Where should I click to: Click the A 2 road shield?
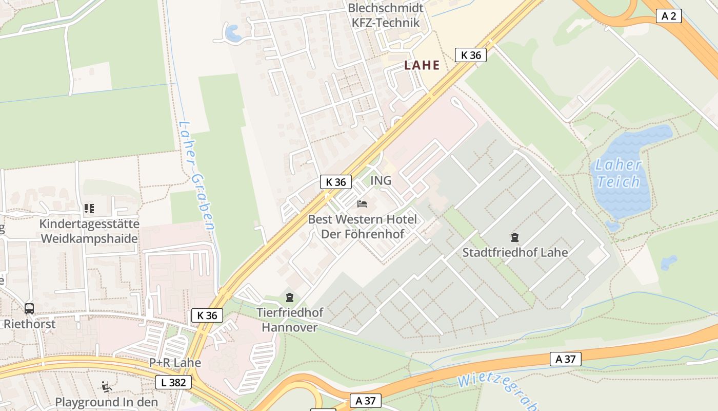pyautogui.click(x=669, y=16)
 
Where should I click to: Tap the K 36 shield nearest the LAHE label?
pyautogui.click(x=470, y=55)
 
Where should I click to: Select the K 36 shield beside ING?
pyautogui.click(x=336, y=182)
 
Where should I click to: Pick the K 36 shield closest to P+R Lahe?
pyautogui.click(x=207, y=315)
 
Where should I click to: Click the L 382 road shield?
pyautogui.click(x=173, y=382)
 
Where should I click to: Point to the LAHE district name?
pyautogui.click(x=422, y=65)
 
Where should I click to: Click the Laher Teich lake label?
pyautogui.click(x=618, y=174)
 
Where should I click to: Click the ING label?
pyautogui.click(x=381, y=181)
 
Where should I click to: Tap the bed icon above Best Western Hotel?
pyautogui.click(x=362, y=204)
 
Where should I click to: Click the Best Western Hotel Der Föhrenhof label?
pyautogui.click(x=362, y=227)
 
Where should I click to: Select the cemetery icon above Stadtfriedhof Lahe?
pyautogui.click(x=514, y=237)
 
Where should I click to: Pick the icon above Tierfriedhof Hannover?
pyautogui.click(x=290, y=297)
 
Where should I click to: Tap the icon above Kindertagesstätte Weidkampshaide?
pyautogui.click(x=89, y=209)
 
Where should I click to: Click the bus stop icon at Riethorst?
pyautogui.click(x=29, y=309)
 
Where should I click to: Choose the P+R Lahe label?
pyautogui.click(x=175, y=363)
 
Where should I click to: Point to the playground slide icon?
pyautogui.click(x=107, y=387)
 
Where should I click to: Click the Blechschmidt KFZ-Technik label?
pyautogui.click(x=386, y=15)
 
